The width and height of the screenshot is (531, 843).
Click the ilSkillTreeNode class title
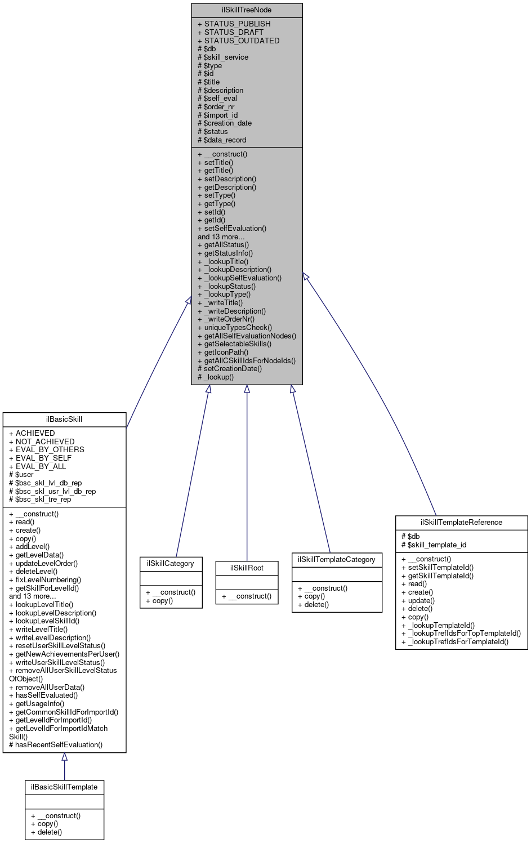tap(247, 10)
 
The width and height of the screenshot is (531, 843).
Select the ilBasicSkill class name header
tap(64, 420)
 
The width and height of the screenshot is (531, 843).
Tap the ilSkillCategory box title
tap(171, 564)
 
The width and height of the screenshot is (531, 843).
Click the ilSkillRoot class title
tap(247, 568)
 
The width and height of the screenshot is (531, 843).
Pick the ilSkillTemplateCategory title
tap(337, 560)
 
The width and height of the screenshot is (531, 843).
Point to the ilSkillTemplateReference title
tap(461, 523)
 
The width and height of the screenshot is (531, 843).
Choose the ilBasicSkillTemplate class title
tap(64, 787)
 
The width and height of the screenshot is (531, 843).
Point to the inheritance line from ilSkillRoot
tap(247, 479)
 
